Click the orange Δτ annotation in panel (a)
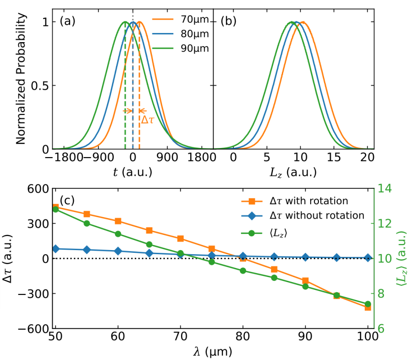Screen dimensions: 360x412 point(147,120)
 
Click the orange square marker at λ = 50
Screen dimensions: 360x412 point(56,207)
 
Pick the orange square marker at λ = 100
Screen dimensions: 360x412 point(368,307)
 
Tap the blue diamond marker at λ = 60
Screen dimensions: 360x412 point(118,251)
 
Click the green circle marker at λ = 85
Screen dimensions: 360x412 point(274,278)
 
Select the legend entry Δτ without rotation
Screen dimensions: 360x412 point(319,216)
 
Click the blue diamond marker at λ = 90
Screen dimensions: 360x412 point(305,257)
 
